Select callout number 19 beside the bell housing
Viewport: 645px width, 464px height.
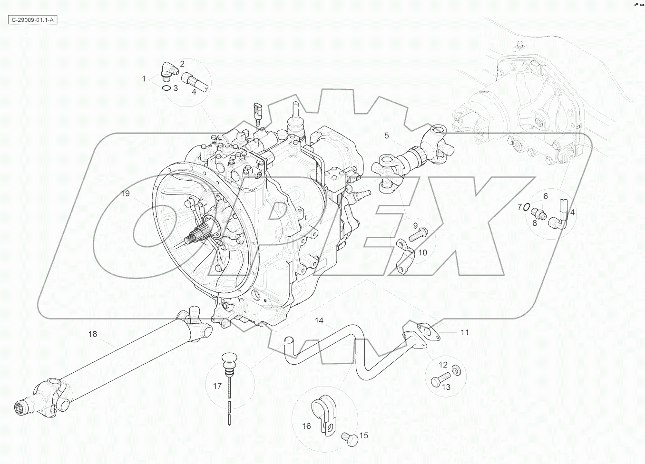point(125,193)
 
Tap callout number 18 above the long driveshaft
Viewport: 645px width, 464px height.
point(92,334)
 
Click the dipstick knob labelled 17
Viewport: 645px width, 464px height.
point(229,358)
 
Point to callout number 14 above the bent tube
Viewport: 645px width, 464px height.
point(319,321)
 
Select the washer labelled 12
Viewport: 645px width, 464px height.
point(455,369)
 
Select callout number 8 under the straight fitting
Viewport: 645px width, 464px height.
point(535,222)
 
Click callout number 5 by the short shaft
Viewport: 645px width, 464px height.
point(386,136)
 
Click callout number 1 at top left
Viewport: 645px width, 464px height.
point(144,78)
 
